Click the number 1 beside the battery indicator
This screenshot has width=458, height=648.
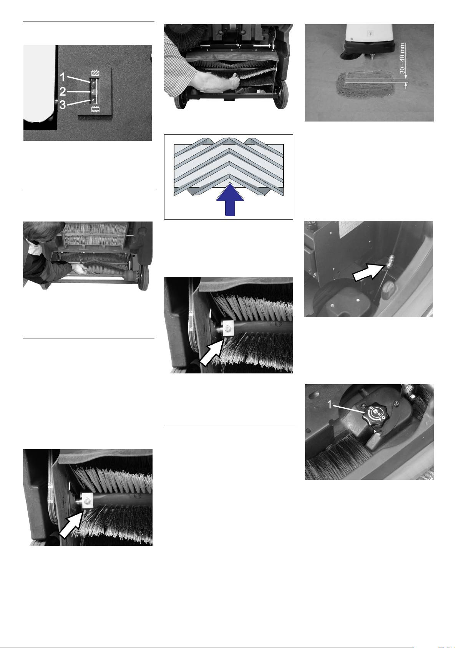[62, 77]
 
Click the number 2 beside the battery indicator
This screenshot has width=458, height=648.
[63, 92]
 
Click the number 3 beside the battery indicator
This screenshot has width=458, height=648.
[62, 105]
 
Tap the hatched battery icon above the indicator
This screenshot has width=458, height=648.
[95, 73]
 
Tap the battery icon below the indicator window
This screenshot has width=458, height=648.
[95, 109]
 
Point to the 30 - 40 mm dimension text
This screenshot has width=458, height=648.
[402, 58]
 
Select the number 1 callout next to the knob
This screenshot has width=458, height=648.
[330, 405]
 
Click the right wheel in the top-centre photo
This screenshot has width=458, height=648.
[281, 94]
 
